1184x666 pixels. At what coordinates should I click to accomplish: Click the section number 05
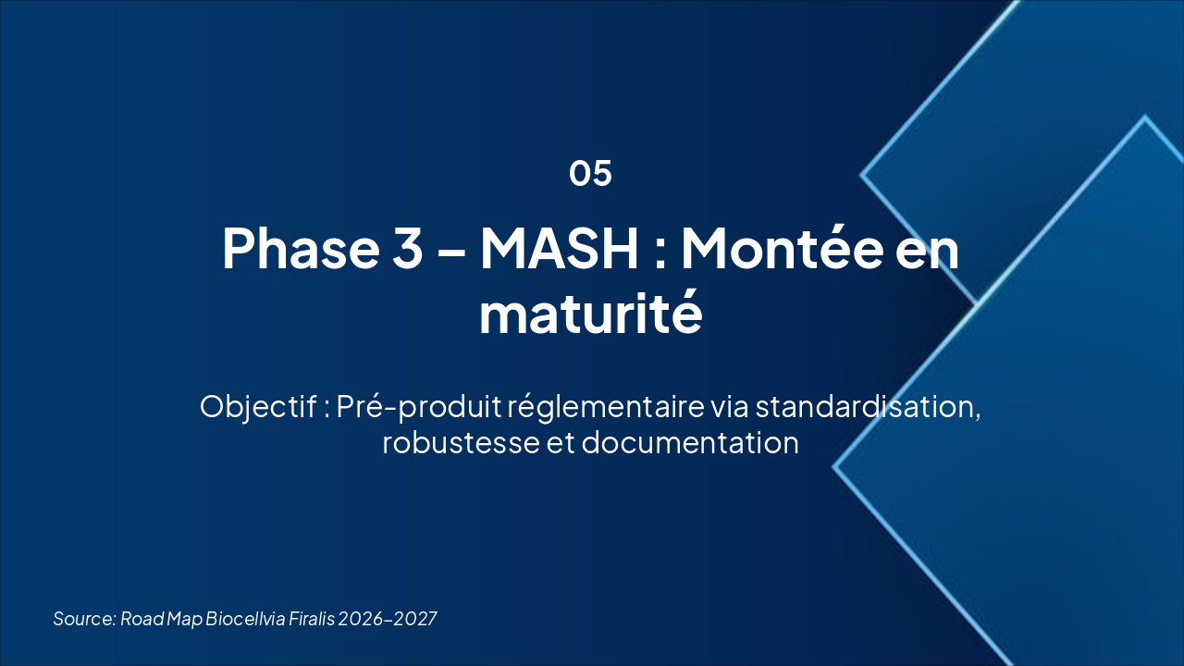590,173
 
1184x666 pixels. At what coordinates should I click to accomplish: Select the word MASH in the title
559,248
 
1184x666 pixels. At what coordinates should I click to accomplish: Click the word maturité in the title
590,314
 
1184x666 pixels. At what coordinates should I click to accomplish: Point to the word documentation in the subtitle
689,442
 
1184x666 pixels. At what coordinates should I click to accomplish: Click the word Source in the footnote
84,618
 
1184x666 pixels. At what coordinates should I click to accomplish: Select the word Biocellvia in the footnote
245,618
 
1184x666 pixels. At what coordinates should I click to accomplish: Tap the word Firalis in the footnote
311,618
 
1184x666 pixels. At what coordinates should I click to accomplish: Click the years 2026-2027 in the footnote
388,618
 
